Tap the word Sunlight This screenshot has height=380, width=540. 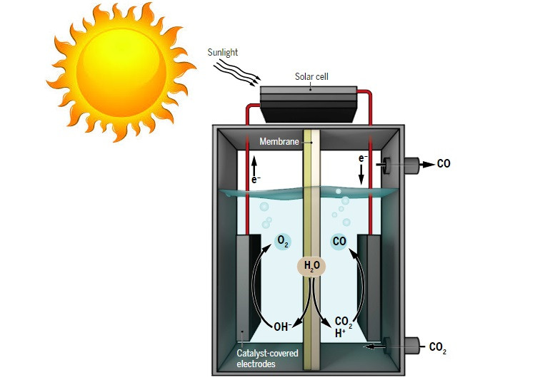click(223, 52)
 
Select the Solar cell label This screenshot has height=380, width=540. click(311, 76)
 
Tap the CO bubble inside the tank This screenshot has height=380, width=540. click(340, 242)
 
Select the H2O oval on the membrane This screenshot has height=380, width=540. click(312, 267)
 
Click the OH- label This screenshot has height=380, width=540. click(283, 327)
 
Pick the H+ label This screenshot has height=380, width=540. click(340, 333)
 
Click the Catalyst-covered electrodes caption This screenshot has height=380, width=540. click(267, 358)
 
